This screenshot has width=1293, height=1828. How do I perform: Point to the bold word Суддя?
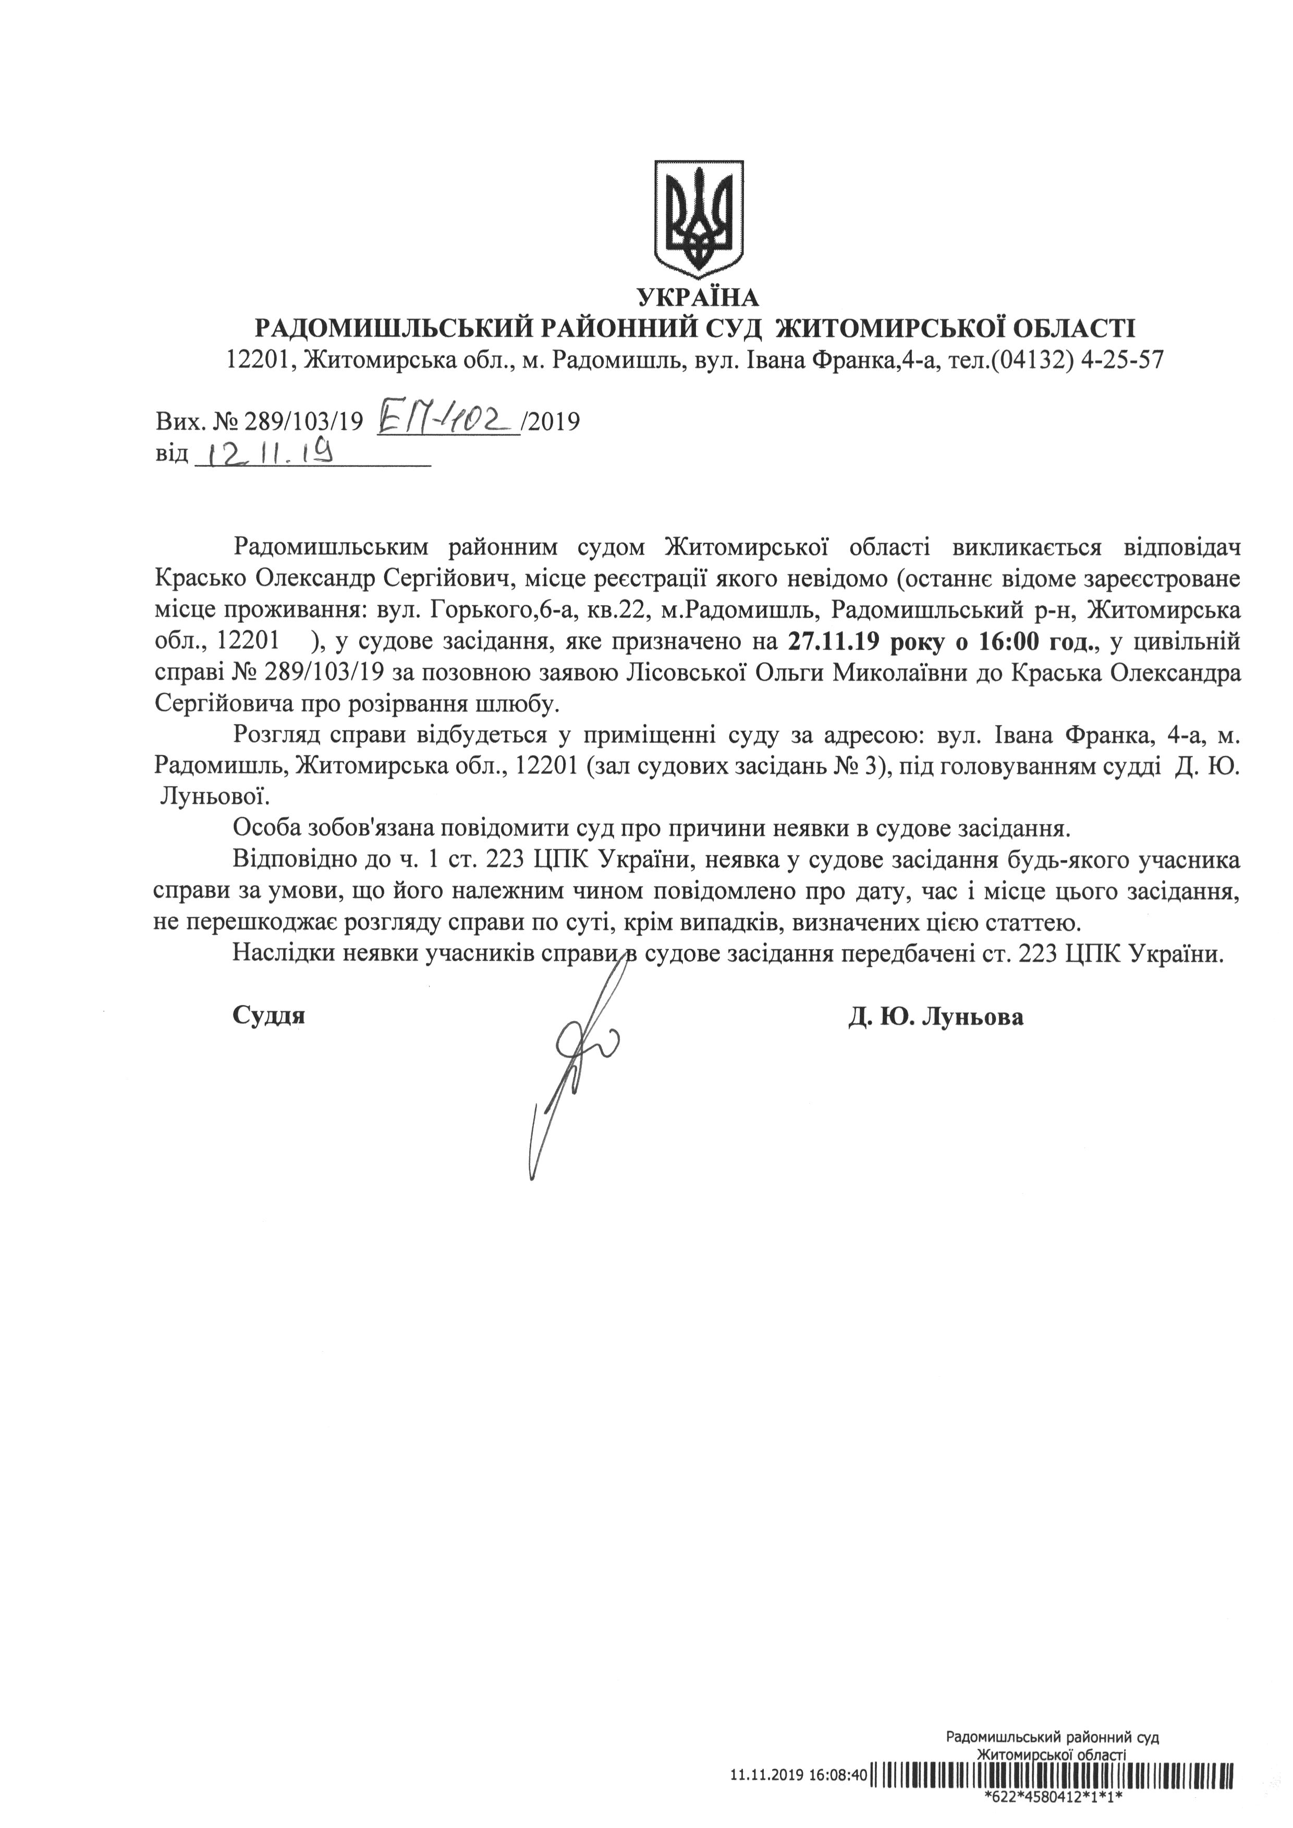coord(269,1017)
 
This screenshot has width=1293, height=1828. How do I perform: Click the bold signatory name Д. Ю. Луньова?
coord(936,1017)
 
